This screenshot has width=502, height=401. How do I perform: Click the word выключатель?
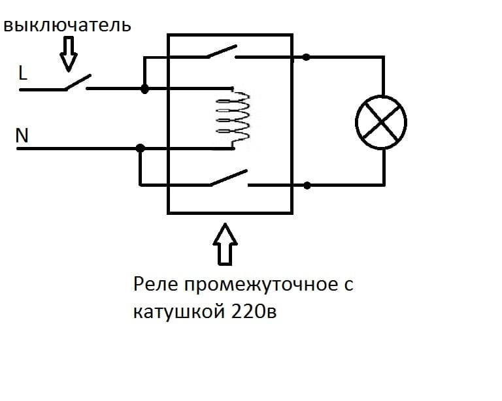[67, 26]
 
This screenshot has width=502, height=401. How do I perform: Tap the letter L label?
[23, 74]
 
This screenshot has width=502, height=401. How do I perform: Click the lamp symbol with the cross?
[381, 121]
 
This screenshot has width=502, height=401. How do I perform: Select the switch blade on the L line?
[76, 82]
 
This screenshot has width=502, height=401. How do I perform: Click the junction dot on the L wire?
[144, 88]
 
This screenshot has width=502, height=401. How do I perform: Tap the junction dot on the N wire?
[140, 148]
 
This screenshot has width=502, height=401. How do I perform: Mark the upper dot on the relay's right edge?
[306, 57]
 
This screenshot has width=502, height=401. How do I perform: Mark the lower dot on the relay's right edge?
[306, 185]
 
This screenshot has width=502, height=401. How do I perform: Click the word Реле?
[154, 286]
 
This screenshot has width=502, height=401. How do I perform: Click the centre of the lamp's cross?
[381, 121]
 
